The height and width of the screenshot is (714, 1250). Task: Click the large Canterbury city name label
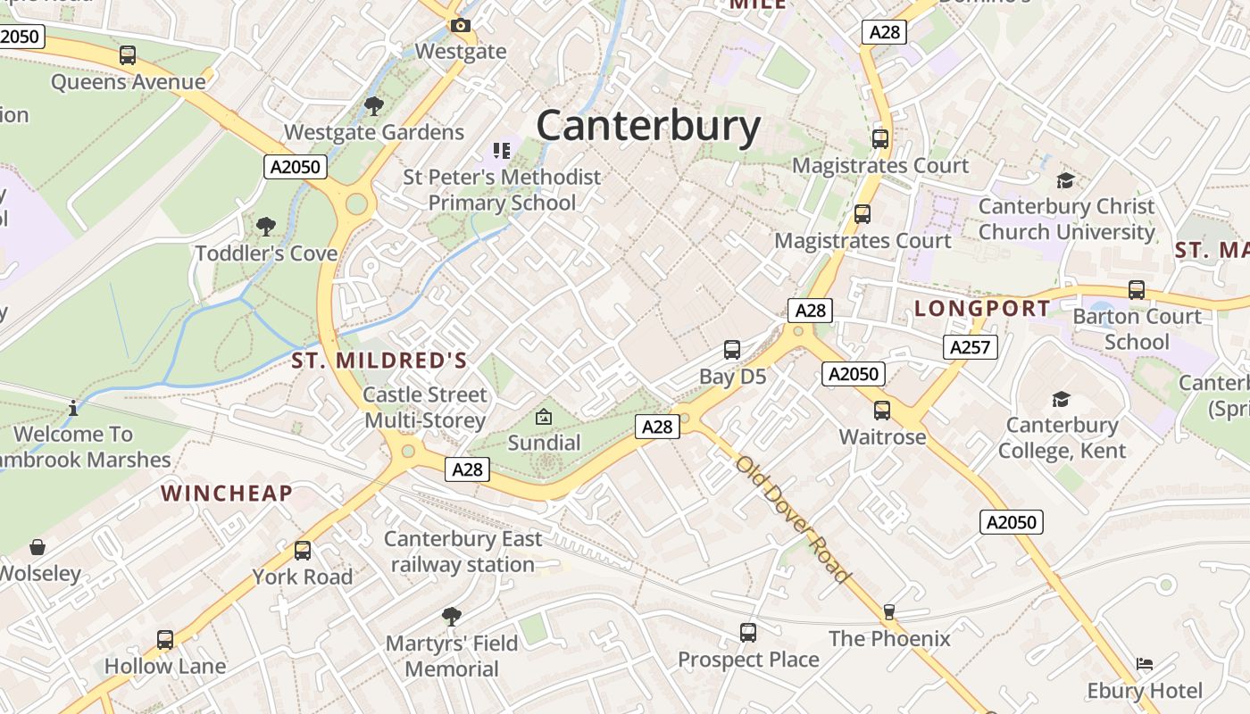tap(648, 125)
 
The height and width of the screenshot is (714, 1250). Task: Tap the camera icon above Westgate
tap(460, 26)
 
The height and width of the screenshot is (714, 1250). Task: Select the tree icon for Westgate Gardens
tap(374, 106)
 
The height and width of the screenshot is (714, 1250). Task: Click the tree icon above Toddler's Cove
tap(265, 226)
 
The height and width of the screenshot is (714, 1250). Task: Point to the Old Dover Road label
tap(793, 519)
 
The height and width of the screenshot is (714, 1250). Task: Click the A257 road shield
tap(970, 347)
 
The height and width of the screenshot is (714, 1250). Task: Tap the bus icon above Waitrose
tap(881, 411)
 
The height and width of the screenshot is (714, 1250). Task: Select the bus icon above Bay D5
tap(732, 350)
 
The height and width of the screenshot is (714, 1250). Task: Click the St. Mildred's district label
tap(379, 361)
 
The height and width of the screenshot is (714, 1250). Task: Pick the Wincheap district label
tap(227, 493)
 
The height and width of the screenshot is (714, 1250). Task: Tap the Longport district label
tap(982, 309)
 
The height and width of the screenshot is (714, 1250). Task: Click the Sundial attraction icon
tap(543, 417)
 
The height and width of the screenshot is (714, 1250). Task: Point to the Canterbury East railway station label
tap(462, 552)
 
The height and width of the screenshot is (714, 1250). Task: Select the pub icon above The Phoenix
tap(888, 612)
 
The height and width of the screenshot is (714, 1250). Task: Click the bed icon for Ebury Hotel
tap(1145, 664)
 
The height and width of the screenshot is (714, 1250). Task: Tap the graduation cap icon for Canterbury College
tap(1061, 399)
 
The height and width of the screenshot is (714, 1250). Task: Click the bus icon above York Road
tap(303, 551)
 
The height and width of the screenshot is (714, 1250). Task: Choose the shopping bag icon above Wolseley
tap(37, 547)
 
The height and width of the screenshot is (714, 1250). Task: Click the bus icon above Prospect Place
tap(748, 633)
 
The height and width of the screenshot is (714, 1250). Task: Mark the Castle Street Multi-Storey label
tap(425, 407)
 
